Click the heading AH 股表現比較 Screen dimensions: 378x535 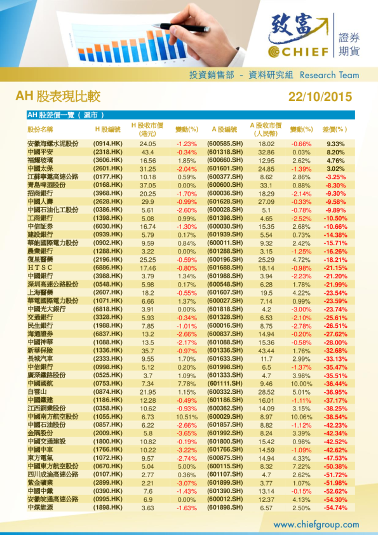pyautogui.click(x=58, y=97)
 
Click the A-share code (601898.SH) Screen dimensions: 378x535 pyautogui.click(x=225, y=508)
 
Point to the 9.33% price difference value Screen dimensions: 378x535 pyautogui.click(x=335, y=144)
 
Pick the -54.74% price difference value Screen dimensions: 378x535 pyautogui.click(x=335, y=508)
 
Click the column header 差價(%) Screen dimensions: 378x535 pyautogui.click(x=335, y=129)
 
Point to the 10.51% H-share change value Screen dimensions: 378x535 pyautogui.click(x=187, y=417)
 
